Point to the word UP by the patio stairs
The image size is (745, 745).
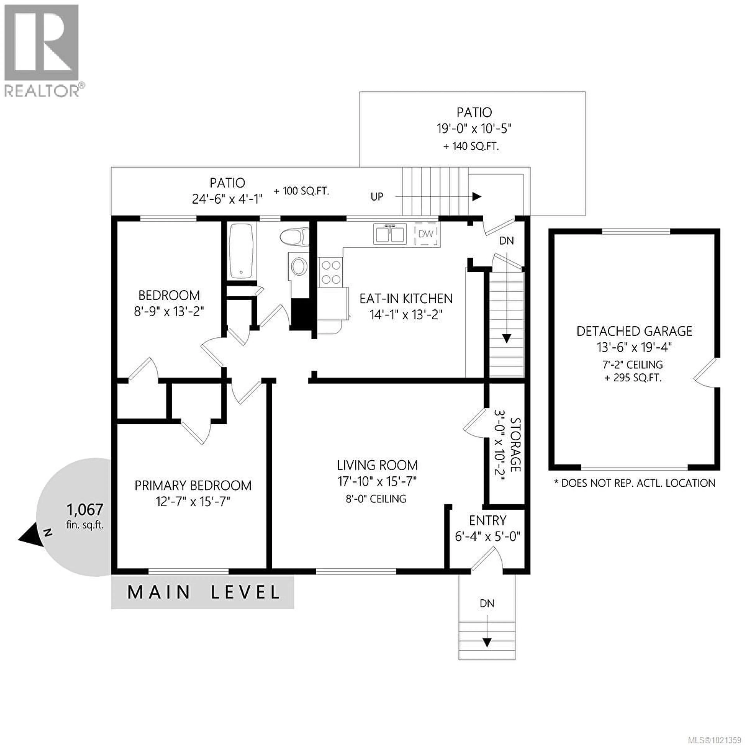tap(377, 197)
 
